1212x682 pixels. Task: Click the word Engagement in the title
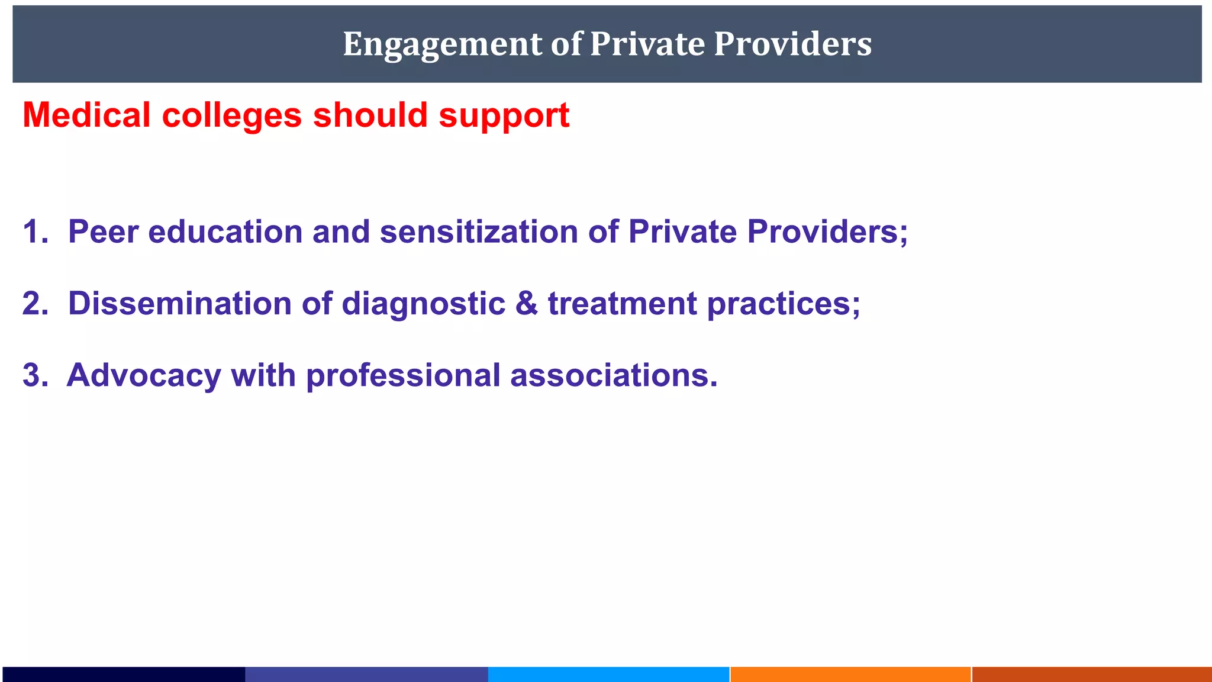tap(442, 44)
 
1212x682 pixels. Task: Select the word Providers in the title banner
tap(792, 44)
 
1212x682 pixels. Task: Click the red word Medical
tap(86, 115)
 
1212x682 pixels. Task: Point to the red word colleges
tap(231, 116)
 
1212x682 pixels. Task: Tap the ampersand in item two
tap(527, 304)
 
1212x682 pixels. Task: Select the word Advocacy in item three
tap(144, 377)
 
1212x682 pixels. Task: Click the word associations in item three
tap(613, 375)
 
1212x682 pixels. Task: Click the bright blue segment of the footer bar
tap(608, 674)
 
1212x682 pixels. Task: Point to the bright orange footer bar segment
tap(850, 674)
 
